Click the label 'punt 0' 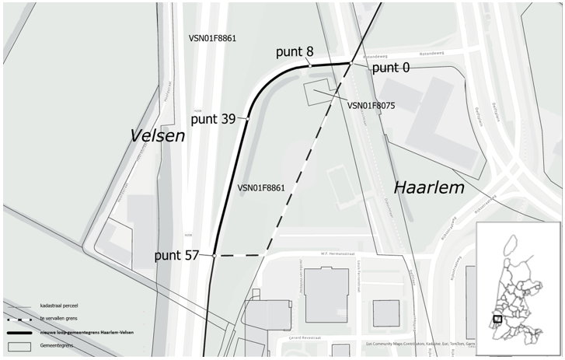click(391, 68)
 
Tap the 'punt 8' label click(295, 52)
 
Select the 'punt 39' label click(214, 119)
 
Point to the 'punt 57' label click(176, 255)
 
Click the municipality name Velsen click(158, 136)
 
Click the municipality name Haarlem click(428, 187)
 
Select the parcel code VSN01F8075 click(371, 106)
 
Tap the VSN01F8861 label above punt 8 click(212, 38)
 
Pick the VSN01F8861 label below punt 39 click(261, 188)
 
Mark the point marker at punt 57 click(214, 255)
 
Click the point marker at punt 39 click(248, 118)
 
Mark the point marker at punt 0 click(352, 63)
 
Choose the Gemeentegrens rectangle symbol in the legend click(19, 344)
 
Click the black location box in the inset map click(497, 318)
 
